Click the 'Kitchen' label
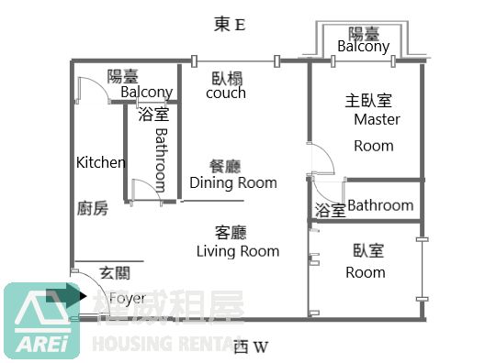click(101, 162)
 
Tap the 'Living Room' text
click(238, 251)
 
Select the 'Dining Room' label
click(233, 182)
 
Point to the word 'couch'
click(226, 93)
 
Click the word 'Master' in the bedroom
click(377, 119)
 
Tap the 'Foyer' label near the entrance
click(128, 298)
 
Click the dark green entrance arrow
click(66, 296)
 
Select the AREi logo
click(41, 321)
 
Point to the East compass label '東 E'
click(230, 25)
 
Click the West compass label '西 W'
click(251, 346)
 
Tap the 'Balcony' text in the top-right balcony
click(364, 47)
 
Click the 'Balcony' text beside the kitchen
click(147, 93)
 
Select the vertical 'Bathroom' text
click(161, 159)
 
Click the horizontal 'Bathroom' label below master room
click(380, 205)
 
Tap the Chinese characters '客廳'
click(231, 233)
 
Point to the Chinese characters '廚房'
click(93, 208)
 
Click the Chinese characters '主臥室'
click(368, 101)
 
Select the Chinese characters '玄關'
click(115, 273)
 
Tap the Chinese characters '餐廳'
click(225, 167)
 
